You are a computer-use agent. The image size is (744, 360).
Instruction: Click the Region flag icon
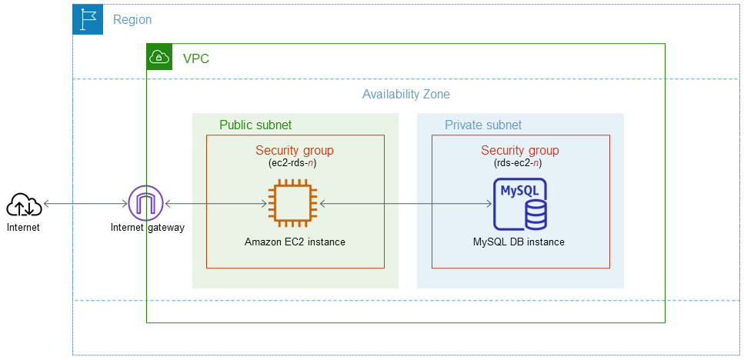click(x=88, y=19)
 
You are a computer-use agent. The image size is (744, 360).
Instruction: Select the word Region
click(x=132, y=20)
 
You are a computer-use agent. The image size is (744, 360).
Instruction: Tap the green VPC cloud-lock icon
click(x=158, y=57)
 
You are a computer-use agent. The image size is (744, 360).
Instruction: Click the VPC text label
click(x=195, y=58)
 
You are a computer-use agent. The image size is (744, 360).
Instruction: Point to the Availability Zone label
click(x=405, y=95)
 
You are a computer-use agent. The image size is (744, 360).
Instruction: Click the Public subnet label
click(x=255, y=125)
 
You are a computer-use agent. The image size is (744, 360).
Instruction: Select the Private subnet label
click(x=483, y=125)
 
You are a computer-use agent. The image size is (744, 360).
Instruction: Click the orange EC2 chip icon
click(x=293, y=204)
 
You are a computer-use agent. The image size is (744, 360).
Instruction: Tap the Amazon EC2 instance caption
click(x=295, y=242)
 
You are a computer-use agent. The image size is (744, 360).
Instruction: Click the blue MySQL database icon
click(x=519, y=204)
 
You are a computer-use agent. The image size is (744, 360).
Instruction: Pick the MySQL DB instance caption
click(x=519, y=242)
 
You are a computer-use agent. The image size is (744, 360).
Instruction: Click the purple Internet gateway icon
click(x=146, y=204)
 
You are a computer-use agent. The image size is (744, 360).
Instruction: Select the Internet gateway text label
click(x=147, y=228)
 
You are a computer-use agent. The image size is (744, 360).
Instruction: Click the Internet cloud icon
click(x=24, y=205)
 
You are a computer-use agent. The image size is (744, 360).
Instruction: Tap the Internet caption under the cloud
click(x=23, y=228)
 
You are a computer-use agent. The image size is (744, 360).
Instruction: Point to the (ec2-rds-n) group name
click(x=295, y=164)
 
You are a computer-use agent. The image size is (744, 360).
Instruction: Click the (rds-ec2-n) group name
click(x=520, y=164)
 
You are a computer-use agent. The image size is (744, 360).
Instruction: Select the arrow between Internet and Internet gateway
click(x=85, y=204)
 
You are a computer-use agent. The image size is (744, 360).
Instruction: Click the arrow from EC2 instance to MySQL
click(x=405, y=204)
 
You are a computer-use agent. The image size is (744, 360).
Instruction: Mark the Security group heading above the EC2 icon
click(x=295, y=151)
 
